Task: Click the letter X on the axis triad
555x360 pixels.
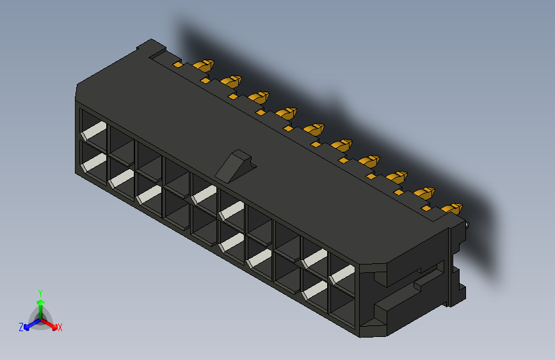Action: coord(60,328)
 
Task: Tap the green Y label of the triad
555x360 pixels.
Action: coord(40,293)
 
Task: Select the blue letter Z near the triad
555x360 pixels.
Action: coord(21,327)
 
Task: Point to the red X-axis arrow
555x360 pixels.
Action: coord(49,323)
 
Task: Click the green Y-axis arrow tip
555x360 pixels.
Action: coord(41,303)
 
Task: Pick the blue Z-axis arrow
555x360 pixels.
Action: coord(33,323)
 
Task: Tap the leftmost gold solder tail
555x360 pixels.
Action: coord(204,65)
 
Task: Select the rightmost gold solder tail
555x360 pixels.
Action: coord(453,209)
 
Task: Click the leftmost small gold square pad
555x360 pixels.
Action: coord(178,65)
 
